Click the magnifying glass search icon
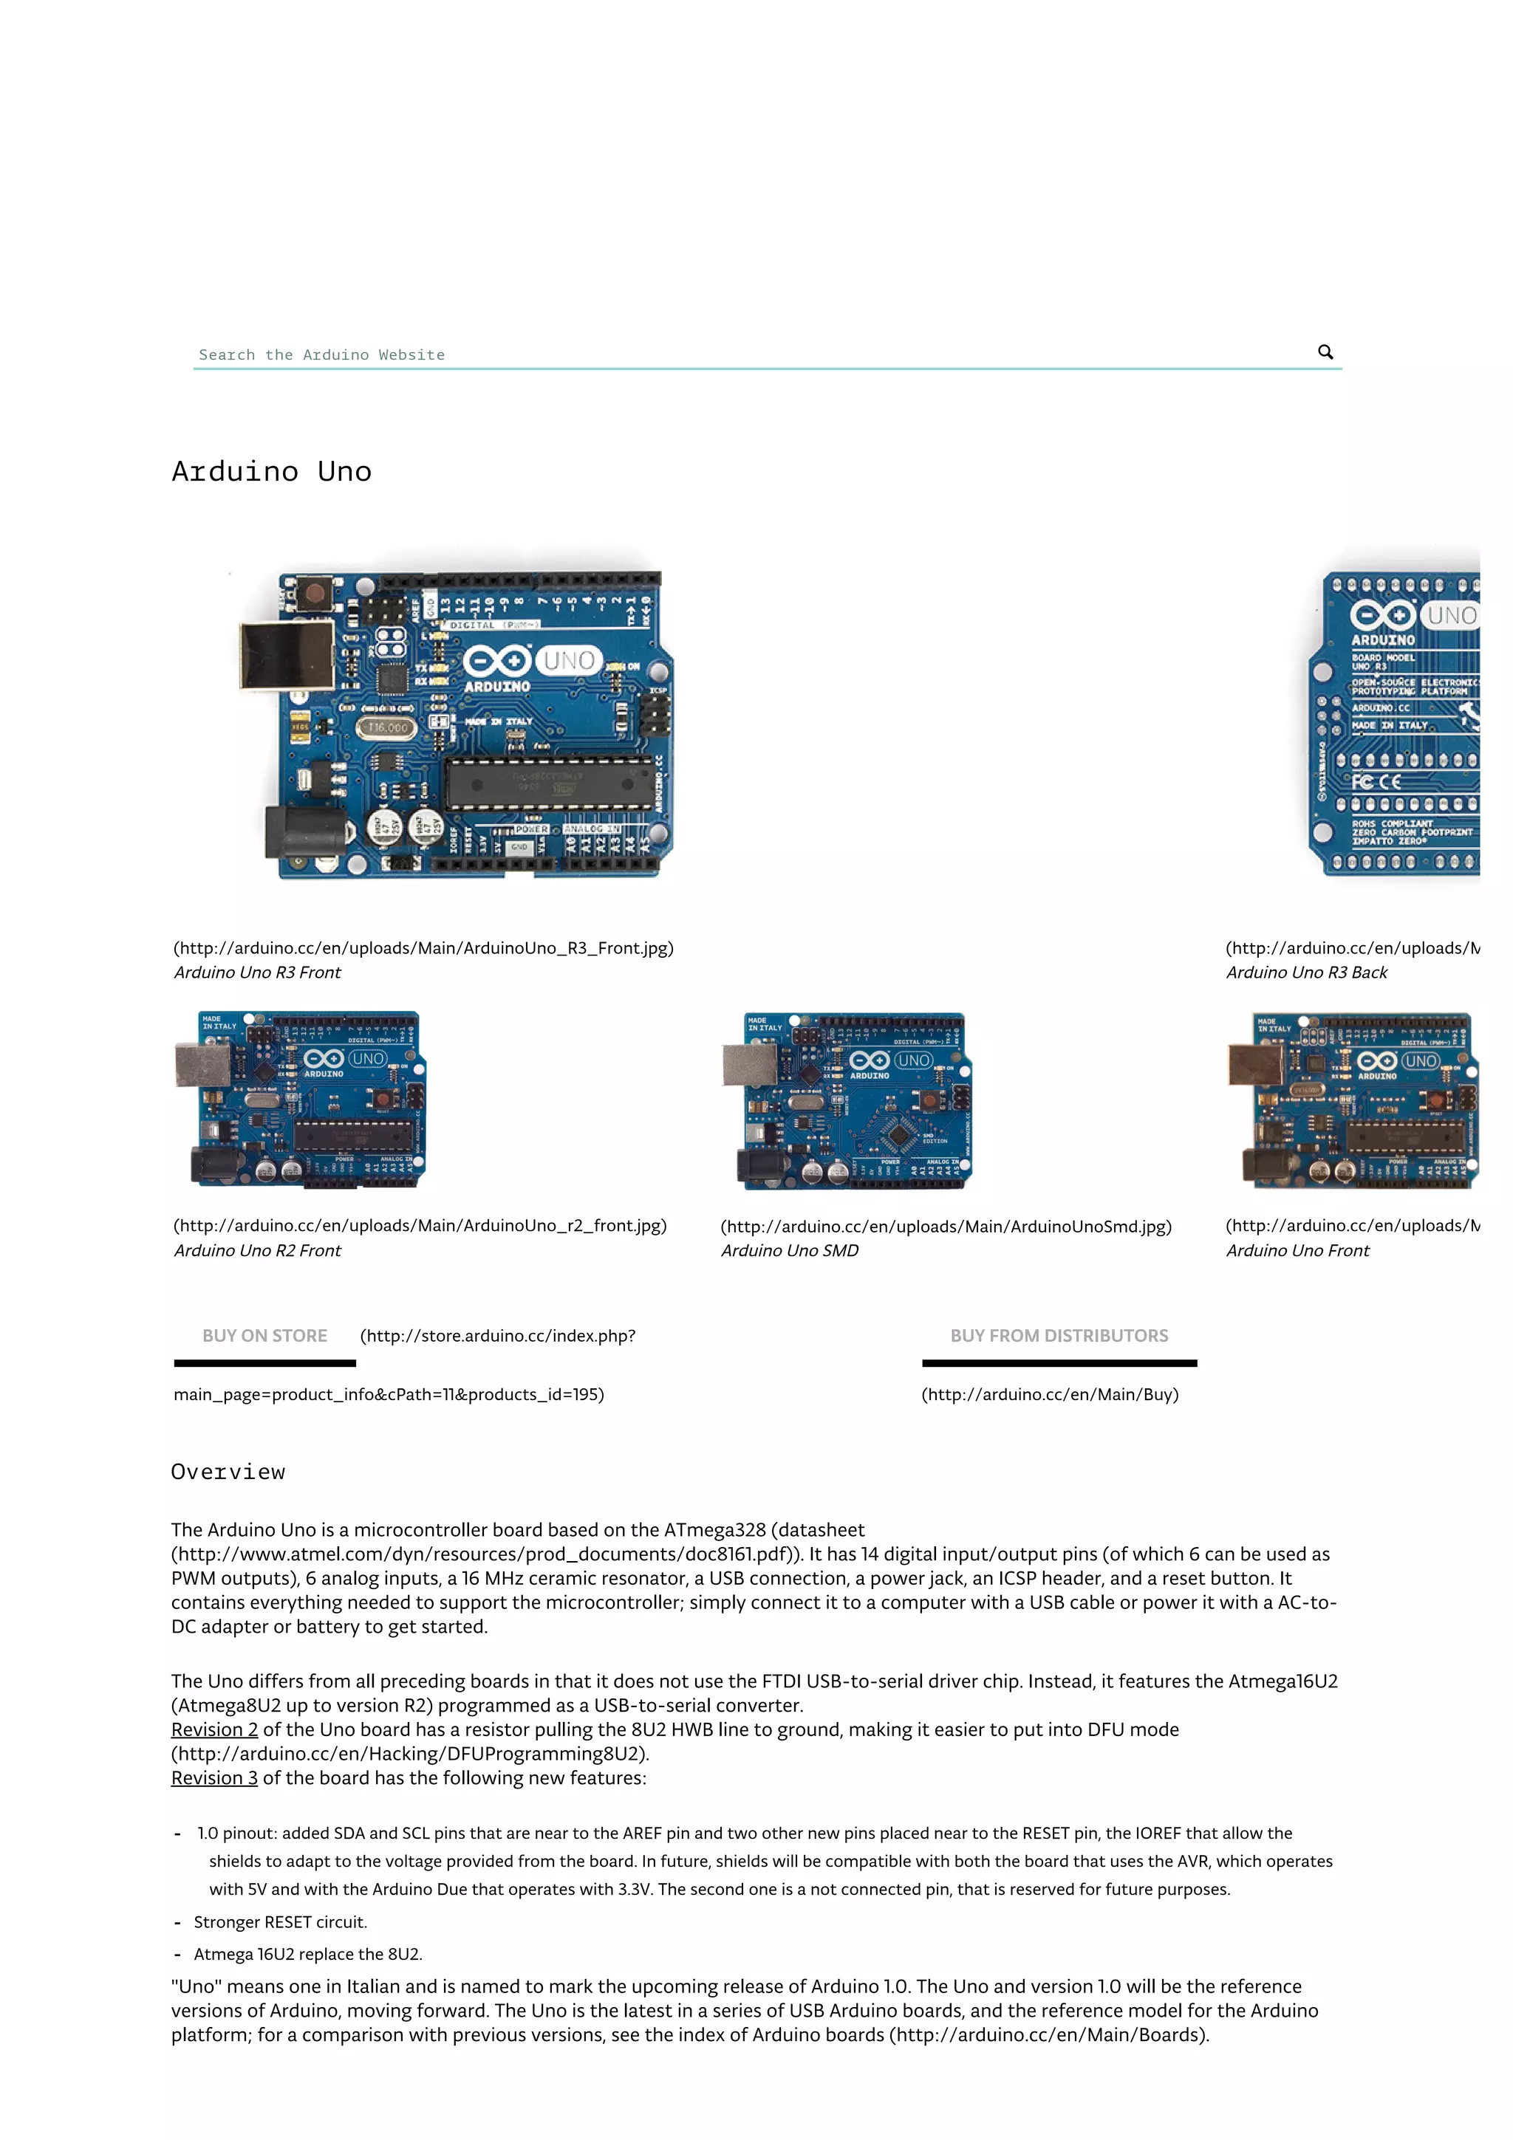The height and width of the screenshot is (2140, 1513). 1325,351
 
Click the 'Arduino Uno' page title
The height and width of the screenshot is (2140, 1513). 271,472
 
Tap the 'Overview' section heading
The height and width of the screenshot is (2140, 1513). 228,1472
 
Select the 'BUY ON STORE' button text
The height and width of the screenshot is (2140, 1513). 264,1336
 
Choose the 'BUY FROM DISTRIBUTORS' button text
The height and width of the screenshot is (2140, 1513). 1059,1336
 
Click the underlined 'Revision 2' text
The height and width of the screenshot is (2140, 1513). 214,1730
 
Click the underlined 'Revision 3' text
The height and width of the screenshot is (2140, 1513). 214,1778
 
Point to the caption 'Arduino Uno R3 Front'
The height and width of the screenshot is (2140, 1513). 257,972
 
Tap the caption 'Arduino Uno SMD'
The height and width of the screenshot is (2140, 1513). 790,1251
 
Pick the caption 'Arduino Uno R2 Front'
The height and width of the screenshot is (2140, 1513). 257,1251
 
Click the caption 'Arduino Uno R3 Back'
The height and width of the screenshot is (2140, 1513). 1306,972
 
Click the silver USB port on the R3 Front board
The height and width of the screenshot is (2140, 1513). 286,655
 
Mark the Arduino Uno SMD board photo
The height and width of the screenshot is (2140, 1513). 847,1101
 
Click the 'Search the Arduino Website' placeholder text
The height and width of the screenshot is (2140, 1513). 321,355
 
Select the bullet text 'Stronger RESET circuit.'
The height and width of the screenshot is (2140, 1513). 281,1922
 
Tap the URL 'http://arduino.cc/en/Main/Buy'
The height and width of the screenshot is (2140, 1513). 1050,1394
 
